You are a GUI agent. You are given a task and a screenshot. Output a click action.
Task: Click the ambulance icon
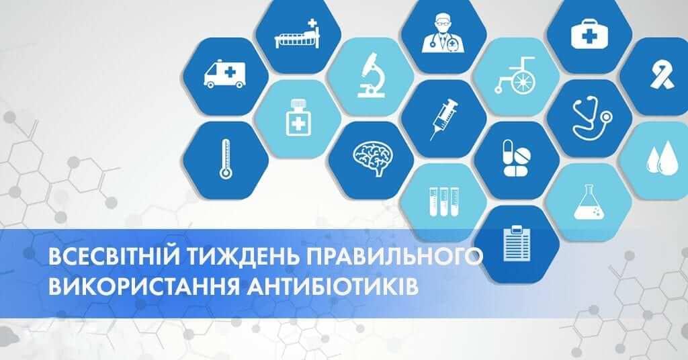click(x=225, y=75)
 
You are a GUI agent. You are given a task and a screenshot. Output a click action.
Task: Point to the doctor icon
click(x=443, y=34)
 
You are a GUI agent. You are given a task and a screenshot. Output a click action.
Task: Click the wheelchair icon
click(x=516, y=76)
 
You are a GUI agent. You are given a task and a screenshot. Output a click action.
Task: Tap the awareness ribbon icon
click(x=662, y=76)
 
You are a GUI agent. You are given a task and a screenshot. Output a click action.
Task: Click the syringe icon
click(x=443, y=119)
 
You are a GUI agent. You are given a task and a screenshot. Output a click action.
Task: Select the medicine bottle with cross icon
click(x=298, y=117)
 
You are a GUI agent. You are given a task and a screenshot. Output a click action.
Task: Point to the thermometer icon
click(x=226, y=159)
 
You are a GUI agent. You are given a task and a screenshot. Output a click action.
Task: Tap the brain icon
click(x=373, y=158)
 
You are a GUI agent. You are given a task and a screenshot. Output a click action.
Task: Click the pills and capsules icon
click(x=517, y=158)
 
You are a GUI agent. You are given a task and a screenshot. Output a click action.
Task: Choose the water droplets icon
click(x=662, y=158)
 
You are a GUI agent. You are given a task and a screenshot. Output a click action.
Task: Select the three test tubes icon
click(x=444, y=201)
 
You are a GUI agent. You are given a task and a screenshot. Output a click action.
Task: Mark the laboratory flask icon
click(x=589, y=201)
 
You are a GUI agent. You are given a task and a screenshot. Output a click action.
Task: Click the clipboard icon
click(x=517, y=243)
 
